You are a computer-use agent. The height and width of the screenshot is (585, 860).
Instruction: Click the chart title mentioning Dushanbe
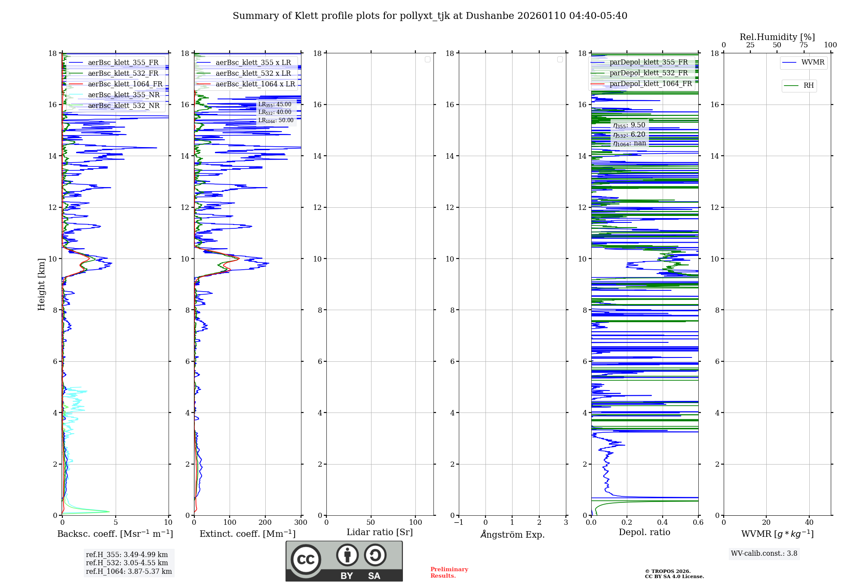click(x=430, y=16)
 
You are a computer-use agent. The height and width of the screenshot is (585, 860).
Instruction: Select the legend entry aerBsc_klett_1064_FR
click(x=125, y=84)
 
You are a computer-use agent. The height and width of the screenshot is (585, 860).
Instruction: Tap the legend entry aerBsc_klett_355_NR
click(x=123, y=95)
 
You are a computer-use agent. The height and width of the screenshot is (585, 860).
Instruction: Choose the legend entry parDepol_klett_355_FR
click(x=648, y=62)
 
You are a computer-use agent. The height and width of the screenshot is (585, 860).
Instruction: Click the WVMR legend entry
click(x=813, y=62)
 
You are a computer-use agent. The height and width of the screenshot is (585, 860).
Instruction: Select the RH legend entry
click(x=808, y=86)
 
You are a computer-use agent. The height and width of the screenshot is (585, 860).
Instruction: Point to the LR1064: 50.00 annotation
click(x=276, y=120)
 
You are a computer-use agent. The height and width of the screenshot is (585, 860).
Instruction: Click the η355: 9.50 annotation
click(x=629, y=125)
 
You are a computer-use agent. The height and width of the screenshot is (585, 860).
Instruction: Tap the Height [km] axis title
click(x=41, y=284)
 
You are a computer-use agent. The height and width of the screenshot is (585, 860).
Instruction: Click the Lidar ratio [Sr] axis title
click(x=380, y=532)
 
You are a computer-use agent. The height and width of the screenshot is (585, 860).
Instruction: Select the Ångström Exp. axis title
click(x=513, y=534)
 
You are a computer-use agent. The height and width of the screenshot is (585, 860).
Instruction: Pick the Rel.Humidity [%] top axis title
click(x=777, y=37)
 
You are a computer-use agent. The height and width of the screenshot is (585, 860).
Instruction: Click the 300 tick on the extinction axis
click(x=301, y=523)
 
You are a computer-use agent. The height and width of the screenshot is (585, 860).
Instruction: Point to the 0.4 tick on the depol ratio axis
click(x=663, y=523)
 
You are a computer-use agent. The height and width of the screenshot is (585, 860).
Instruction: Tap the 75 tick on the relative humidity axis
click(x=804, y=45)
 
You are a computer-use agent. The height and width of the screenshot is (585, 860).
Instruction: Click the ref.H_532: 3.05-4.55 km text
click(x=127, y=563)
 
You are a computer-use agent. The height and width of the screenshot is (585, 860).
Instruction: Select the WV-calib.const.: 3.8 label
click(x=764, y=554)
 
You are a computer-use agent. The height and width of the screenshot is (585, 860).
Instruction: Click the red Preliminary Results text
click(x=449, y=573)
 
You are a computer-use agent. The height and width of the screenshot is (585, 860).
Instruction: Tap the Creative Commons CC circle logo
click(x=306, y=560)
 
